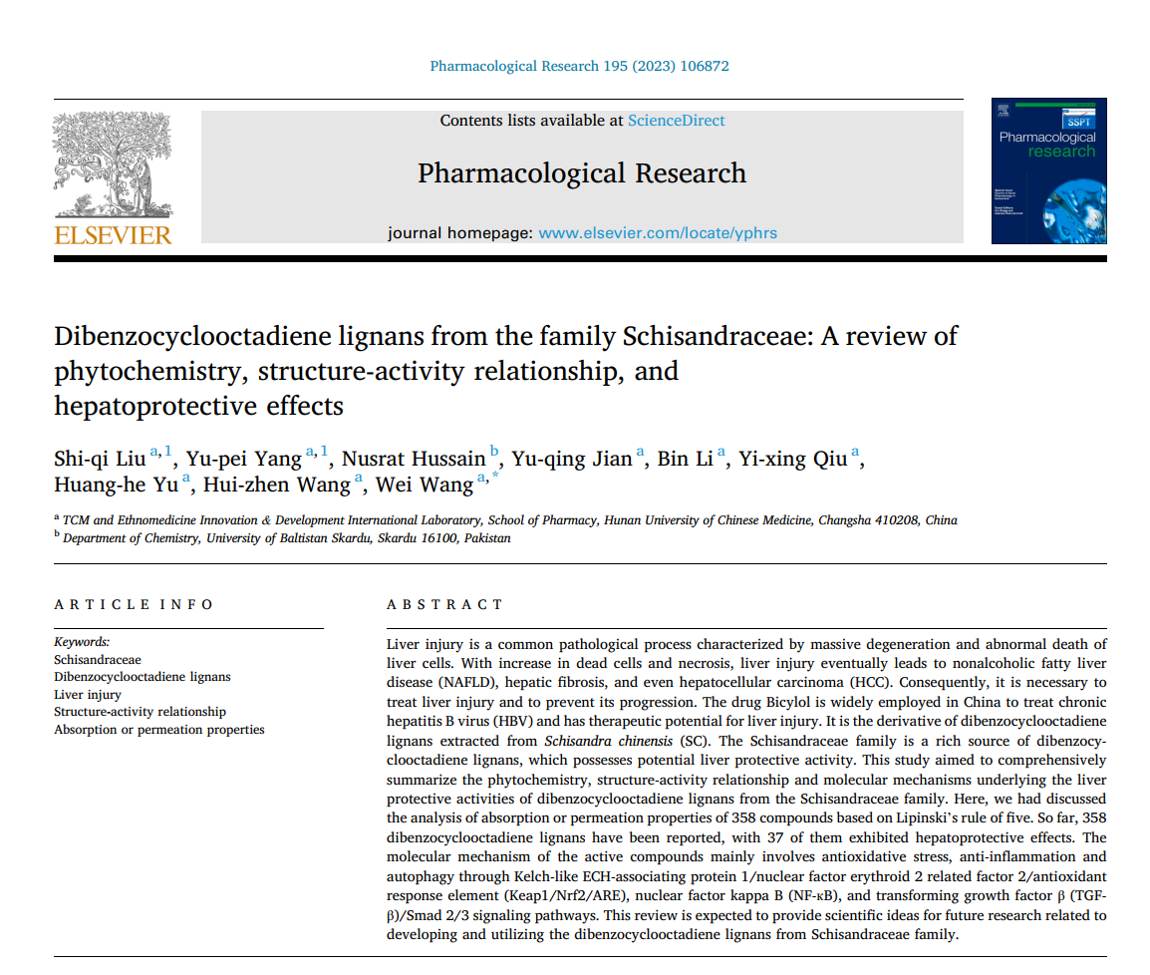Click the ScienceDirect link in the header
click(676, 121)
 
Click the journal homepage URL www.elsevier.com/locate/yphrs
click(658, 233)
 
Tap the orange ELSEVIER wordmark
click(113, 235)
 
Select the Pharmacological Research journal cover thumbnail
click(1048, 170)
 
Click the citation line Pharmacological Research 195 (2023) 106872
click(579, 67)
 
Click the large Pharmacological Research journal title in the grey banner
click(581, 173)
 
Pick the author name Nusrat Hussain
click(414, 459)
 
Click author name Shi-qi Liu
click(101, 459)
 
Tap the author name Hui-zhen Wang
click(276, 485)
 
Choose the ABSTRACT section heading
click(444, 604)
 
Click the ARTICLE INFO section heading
click(134, 604)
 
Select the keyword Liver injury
click(88, 694)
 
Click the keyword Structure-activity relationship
click(140, 712)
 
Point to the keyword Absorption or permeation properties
click(159, 730)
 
